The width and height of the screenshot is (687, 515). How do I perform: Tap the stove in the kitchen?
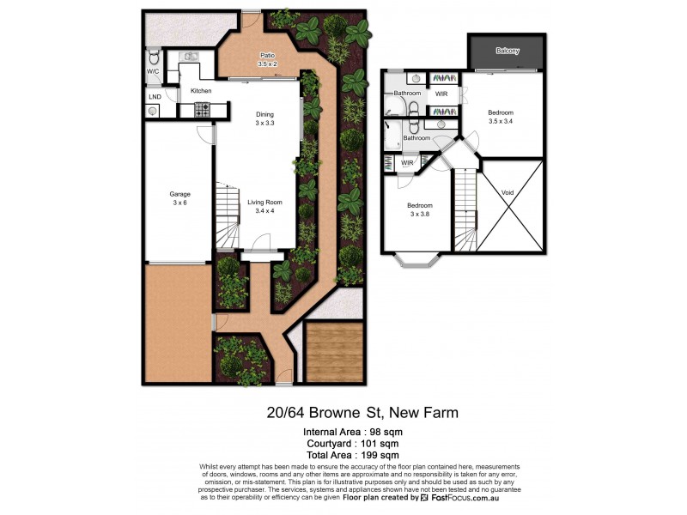click(x=203, y=109)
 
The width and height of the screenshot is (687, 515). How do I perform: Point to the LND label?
click(x=154, y=97)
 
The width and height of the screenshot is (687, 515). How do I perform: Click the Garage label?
click(x=179, y=198)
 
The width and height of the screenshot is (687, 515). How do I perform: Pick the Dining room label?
click(x=264, y=118)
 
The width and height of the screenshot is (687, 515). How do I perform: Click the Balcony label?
click(x=508, y=51)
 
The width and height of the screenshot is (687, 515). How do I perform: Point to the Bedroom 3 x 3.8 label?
click(x=419, y=209)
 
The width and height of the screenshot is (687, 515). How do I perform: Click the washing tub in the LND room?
click(x=152, y=111)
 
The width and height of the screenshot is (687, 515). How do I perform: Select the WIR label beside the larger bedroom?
click(x=441, y=94)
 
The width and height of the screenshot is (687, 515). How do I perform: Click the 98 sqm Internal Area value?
click(x=385, y=431)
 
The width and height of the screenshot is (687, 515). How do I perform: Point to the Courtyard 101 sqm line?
click(x=352, y=443)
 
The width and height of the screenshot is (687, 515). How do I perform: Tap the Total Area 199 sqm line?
click(x=352, y=455)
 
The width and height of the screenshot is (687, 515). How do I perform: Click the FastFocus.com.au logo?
click(x=459, y=498)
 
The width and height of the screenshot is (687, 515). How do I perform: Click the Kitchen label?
click(x=201, y=90)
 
